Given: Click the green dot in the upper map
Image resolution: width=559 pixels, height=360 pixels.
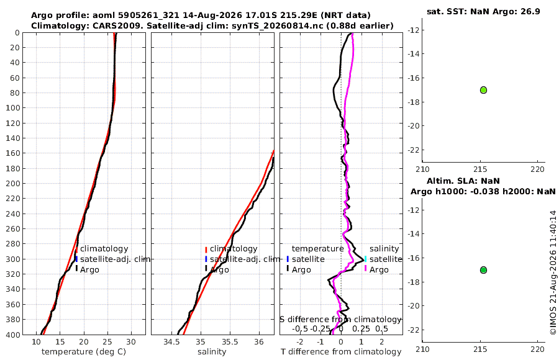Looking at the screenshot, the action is [x=483, y=90].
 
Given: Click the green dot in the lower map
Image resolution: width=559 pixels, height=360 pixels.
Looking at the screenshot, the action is [x=483, y=270].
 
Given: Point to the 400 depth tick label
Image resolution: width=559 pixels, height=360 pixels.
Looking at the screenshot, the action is [x=13, y=335].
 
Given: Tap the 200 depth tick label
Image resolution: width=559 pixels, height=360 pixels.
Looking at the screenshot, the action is [x=13, y=183].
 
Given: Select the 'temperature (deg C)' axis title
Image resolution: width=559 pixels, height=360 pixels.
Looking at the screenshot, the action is [x=84, y=352].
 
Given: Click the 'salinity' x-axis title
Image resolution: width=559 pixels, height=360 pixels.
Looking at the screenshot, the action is [x=212, y=352].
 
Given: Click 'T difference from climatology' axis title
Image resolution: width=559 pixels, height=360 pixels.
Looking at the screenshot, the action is [x=341, y=352].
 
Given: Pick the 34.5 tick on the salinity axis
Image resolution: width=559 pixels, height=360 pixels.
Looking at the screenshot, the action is [x=171, y=342].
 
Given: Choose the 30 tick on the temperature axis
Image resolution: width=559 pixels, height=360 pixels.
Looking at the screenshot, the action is [x=131, y=342].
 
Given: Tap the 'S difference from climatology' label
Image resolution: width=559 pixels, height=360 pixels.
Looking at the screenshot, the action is [x=340, y=319].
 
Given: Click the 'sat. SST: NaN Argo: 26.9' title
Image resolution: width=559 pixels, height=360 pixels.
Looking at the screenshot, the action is [x=483, y=11].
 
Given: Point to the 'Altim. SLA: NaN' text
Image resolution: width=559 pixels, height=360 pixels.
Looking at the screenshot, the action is [x=463, y=181].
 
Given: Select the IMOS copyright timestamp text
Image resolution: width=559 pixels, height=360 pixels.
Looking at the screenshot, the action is [x=553, y=272].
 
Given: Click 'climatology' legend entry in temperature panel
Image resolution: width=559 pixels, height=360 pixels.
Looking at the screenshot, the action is [x=104, y=249].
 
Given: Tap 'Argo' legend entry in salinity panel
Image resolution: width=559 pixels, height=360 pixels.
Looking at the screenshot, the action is [x=220, y=270].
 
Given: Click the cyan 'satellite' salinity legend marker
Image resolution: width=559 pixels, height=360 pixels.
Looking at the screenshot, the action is [x=365, y=259].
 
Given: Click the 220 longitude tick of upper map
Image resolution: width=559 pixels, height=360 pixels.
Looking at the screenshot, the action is [x=538, y=169].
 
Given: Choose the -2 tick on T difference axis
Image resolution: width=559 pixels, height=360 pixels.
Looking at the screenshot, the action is [x=299, y=342].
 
